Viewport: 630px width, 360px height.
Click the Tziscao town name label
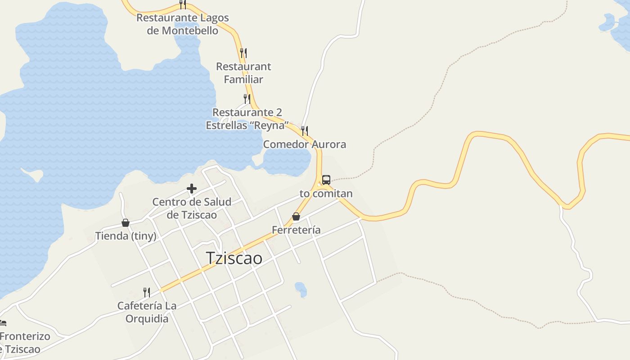tap(234, 258)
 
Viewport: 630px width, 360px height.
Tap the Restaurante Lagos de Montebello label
tap(183, 24)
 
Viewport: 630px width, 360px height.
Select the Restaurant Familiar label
tap(243, 73)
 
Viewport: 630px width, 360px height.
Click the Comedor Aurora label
tap(305, 144)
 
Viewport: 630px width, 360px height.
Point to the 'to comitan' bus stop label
tap(326, 194)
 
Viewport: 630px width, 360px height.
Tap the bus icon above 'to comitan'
tap(326, 180)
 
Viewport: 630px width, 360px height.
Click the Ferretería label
tap(296, 230)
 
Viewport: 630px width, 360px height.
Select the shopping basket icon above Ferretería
tap(296, 217)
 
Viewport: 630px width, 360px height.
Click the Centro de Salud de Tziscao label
tap(192, 208)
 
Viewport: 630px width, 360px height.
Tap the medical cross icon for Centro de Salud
tap(192, 189)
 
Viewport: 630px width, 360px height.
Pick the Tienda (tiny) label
tap(126, 236)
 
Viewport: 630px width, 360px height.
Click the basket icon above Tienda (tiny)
tap(126, 223)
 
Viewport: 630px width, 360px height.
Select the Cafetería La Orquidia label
tap(147, 312)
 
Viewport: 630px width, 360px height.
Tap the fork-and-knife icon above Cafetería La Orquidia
tap(147, 292)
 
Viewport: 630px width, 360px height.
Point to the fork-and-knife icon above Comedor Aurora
tap(305, 131)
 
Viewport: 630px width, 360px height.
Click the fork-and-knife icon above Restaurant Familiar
tap(243, 53)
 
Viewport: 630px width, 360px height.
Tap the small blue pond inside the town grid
tap(301, 289)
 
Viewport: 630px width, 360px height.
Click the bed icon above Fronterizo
tap(2, 323)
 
